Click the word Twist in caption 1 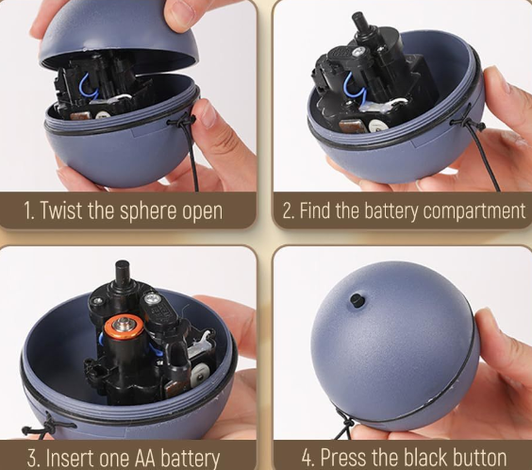(x=61, y=210)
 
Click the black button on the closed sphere (x=357, y=301)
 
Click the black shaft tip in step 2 (x=358, y=19)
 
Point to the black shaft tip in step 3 (x=122, y=266)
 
